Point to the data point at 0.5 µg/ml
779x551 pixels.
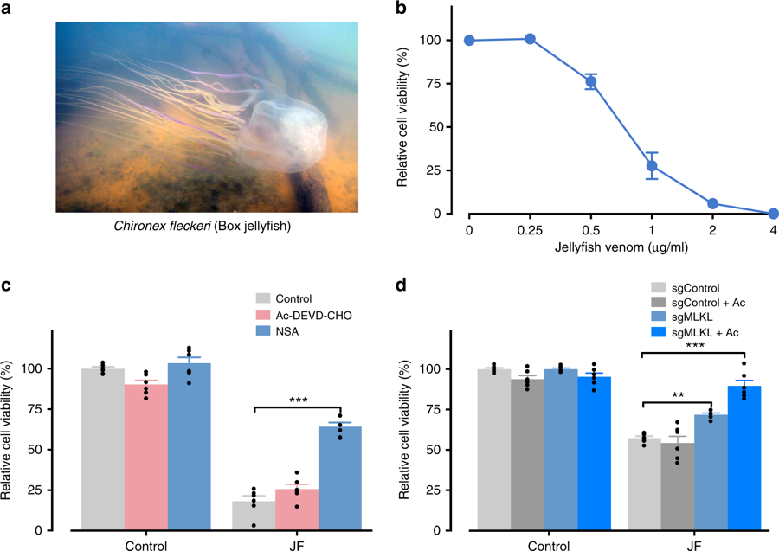click(591, 82)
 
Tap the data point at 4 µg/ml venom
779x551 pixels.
click(773, 213)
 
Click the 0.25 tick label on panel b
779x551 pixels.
click(530, 230)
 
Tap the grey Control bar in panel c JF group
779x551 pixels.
click(253, 516)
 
